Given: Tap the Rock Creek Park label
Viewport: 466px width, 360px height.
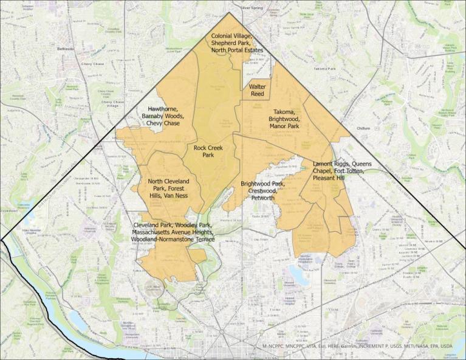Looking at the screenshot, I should tap(208, 151).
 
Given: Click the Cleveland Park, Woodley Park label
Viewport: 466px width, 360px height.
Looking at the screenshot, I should tap(173, 232).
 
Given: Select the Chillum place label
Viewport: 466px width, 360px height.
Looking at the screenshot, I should tap(364, 128).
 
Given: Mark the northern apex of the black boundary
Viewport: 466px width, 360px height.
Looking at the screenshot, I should tap(230, 12).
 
